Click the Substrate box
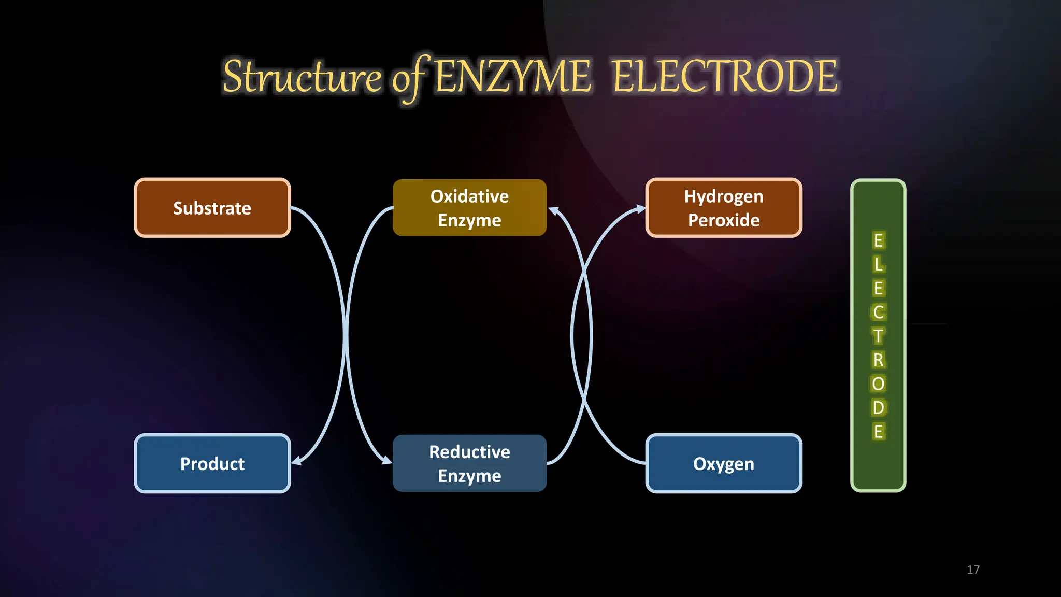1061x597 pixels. (212, 208)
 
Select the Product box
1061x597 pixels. (212, 463)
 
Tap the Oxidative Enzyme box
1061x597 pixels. (469, 208)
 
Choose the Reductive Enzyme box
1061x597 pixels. (469, 463)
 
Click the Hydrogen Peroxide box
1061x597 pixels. (724, 208)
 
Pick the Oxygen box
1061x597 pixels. (724, 463)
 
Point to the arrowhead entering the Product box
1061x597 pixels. (297, 461)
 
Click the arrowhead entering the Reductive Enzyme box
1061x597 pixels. (386, 460)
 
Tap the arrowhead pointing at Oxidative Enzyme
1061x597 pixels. (554, 211)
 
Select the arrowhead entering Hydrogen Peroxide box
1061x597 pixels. (641, 209)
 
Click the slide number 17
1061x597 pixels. (973, 570)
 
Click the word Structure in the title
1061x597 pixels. (302, 77)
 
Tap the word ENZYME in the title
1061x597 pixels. (512, 77)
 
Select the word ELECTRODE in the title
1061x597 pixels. (724, 77)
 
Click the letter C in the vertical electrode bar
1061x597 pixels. (878, 312)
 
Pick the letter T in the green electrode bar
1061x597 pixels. (878, 336)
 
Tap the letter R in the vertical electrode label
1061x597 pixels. (878, 360)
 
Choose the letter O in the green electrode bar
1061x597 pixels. (878, 383)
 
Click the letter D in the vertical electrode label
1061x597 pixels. (878, 407)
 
